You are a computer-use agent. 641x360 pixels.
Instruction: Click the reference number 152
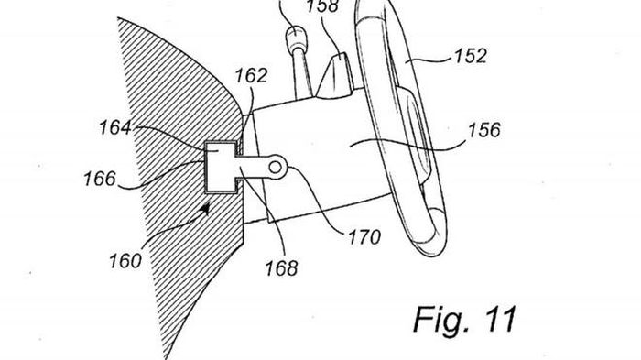point(471,56)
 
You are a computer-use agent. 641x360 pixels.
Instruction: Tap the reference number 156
point(484,130)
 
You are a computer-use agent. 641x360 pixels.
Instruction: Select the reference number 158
point(323,5)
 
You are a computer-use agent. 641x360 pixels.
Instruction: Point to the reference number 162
point(251,76)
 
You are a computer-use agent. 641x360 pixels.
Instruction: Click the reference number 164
point(115,127)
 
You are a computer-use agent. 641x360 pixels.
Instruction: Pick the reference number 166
point(100,179)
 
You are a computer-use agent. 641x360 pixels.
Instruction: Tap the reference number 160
point(125,260)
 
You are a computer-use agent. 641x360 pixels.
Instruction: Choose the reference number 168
point(282,268)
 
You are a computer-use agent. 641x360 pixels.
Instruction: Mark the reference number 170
point(364,237)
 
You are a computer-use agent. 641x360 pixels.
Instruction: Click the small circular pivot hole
point(275,167)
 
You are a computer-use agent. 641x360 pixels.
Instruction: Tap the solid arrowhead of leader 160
point(205,209)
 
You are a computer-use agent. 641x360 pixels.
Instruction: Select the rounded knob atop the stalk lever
point(295,38)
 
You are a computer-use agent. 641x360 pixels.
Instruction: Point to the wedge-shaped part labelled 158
point(336,76)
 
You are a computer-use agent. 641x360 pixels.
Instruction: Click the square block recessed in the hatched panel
point(221,167)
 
